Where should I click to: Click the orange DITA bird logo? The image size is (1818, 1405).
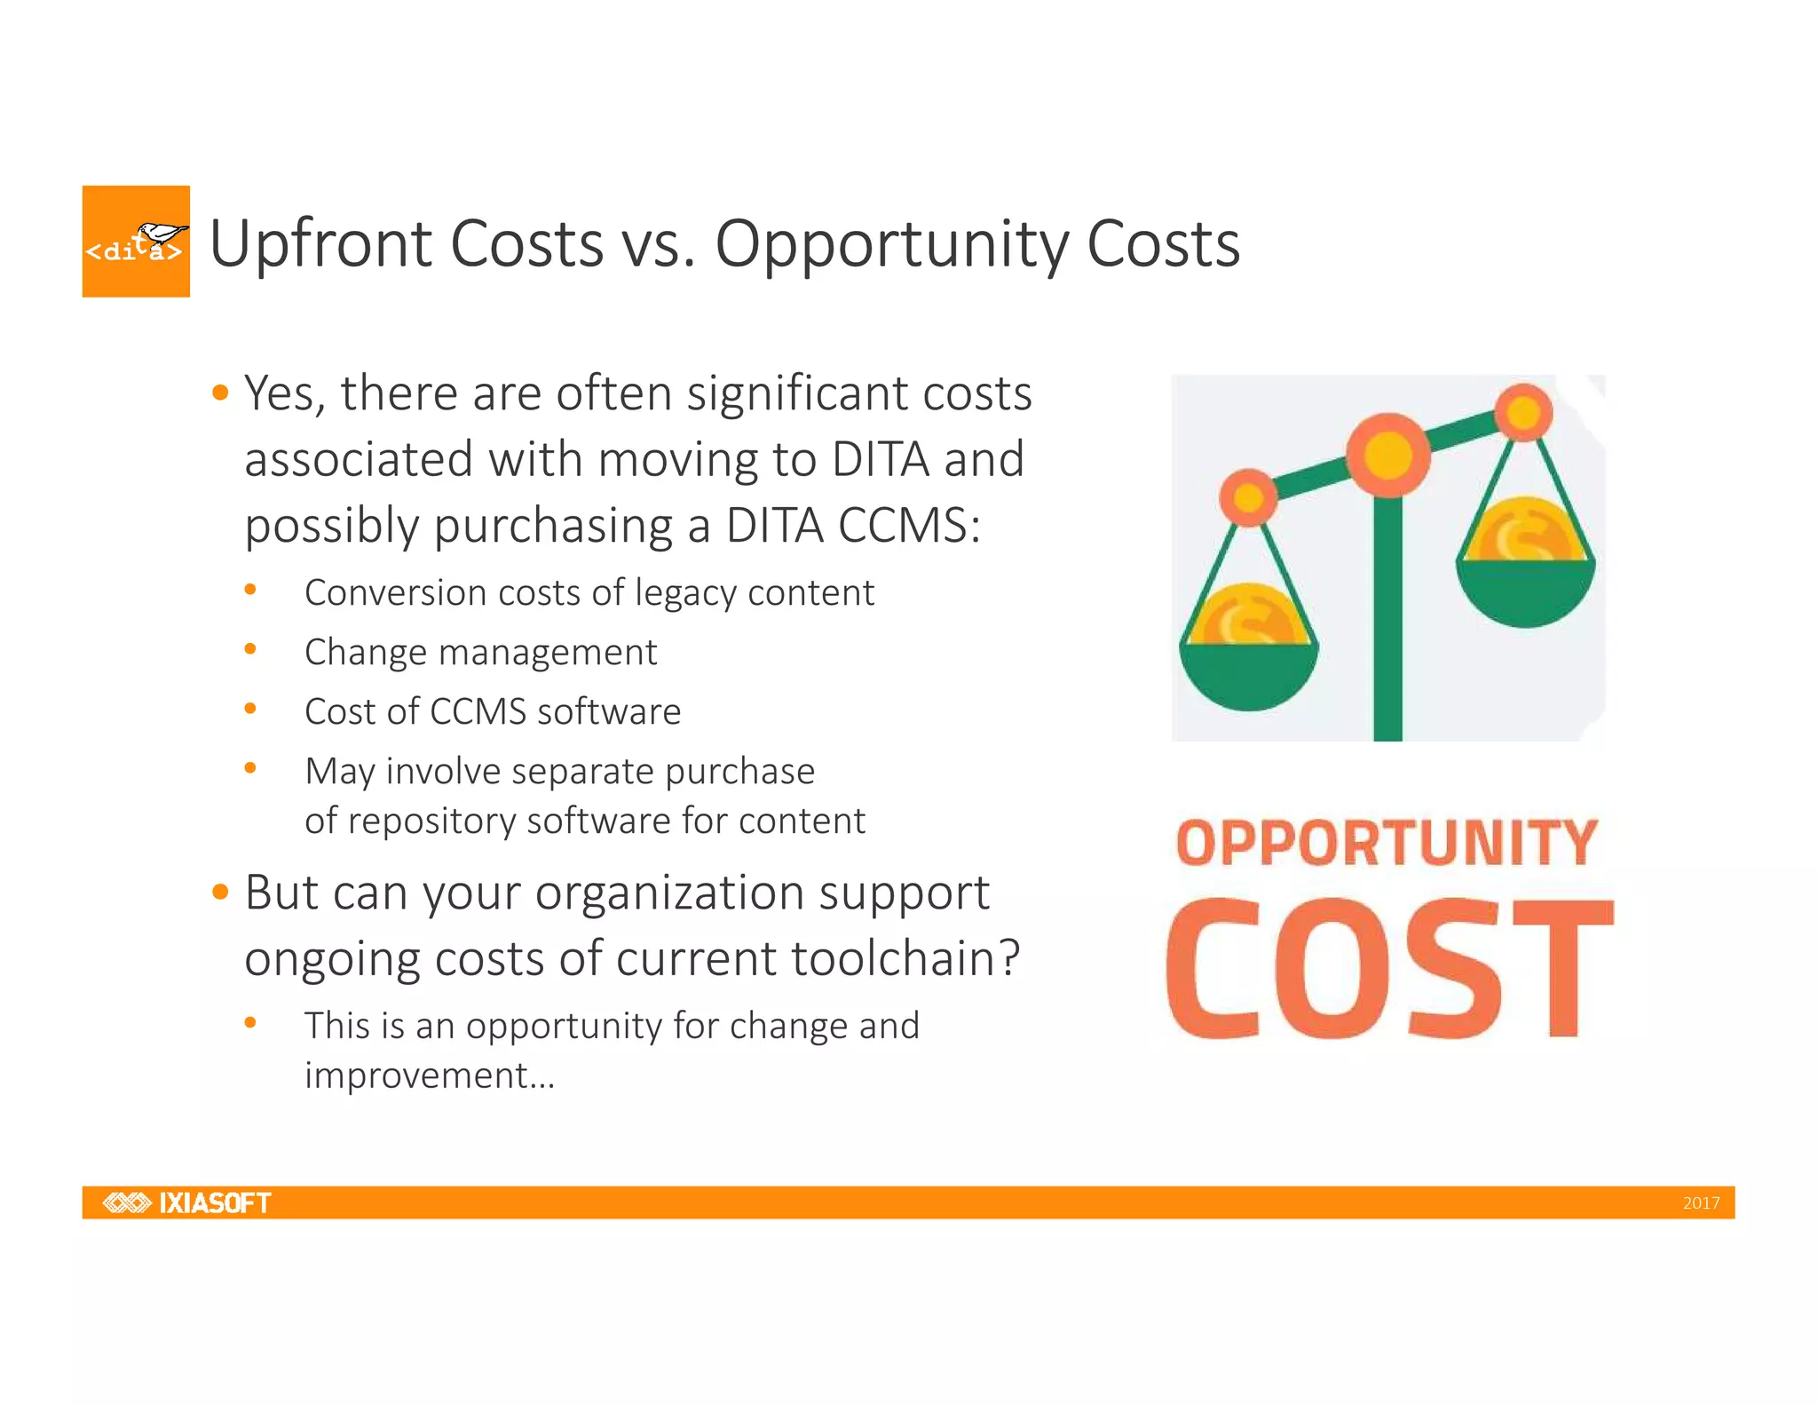click(x=136, y=241)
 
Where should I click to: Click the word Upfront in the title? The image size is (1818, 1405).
click(x=319, y=243)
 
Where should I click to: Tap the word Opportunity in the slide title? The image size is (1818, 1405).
click(x=891, y=245)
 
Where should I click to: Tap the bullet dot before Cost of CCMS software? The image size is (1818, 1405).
click(x=250, y=709)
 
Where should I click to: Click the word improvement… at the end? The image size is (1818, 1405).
click(x=430, y=1076)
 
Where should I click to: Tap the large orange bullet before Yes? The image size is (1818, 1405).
click(x=220, y=392)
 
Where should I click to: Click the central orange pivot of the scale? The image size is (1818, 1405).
click(x=1387, y=456)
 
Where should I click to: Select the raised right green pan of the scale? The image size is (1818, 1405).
click(x=1525, y=591)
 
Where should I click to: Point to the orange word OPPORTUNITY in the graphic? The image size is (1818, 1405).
click(x=1387, y=843)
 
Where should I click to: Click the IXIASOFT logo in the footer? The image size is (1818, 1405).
click(x=187, y=1203)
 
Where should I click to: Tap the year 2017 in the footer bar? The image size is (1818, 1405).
click(x=1701, y=1203)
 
